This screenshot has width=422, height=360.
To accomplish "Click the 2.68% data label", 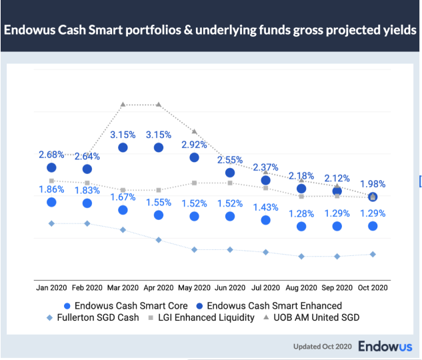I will (x=51, y=155).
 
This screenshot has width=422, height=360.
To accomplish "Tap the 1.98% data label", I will (x=373, y=184).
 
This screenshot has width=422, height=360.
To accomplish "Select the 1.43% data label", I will (x=265, y=207).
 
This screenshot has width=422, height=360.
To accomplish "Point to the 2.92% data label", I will (x=194, y=144).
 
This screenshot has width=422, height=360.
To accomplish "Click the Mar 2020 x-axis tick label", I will (x=123, y=288).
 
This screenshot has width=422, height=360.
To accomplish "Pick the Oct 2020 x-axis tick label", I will (x=373, y=288).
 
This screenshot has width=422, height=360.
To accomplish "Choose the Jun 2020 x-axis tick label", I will (x=230, y=288).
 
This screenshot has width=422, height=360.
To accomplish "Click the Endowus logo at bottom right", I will (x=385, y=347).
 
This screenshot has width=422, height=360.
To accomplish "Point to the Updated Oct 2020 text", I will (x=322, y=347).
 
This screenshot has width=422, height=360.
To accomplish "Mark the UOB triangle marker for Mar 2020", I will (x=123, y=105).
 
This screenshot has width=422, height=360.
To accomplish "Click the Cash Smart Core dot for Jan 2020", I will (x=51, y=202).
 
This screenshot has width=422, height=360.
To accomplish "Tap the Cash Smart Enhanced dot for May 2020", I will (x=194, y=158).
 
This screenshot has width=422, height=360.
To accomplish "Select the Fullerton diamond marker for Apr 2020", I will (x=159, y=240).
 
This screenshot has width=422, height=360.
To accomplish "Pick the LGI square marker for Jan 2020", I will (x=51, y=181).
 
